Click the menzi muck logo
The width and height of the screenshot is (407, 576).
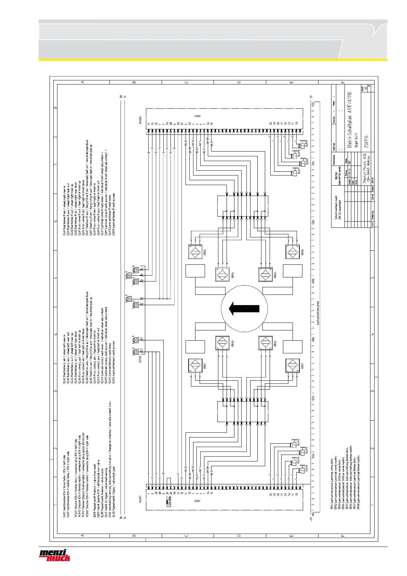click(x=55, y=555)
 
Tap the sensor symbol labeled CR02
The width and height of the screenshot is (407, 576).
click(x=196, y=252)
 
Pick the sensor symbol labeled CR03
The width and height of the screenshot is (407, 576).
click(x=222, y=343)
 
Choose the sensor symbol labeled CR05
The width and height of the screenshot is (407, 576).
click(x=266, y=343)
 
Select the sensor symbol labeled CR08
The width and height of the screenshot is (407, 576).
click(x=293, y=252)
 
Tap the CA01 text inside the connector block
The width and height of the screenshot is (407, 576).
click(x=197, y=501)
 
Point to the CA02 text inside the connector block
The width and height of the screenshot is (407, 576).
click(x=197, y=116)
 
